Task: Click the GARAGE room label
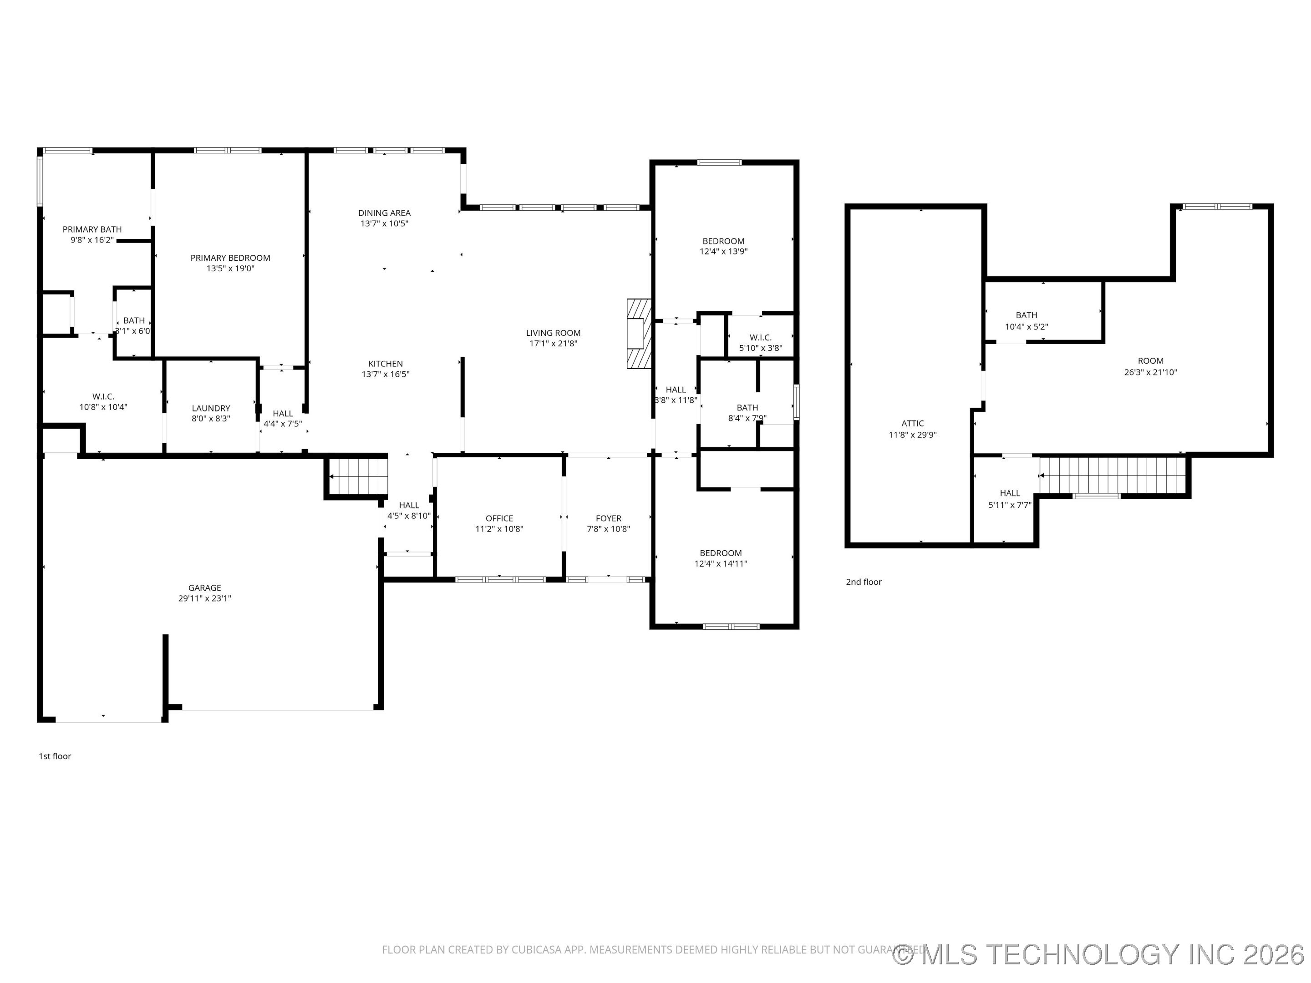(x=204, y=588)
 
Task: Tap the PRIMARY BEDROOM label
(x=230, y=258)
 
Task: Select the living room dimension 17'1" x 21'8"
(x=553, y=344)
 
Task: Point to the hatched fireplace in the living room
(x=639, y=334)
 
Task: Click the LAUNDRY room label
(x=210, y=408)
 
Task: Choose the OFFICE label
(x=499, y=518)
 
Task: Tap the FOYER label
(x=608, y=518)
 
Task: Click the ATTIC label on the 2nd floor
(x=912, y=424)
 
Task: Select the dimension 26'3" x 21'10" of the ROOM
(x=1150, y=373)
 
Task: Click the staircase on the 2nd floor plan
(x=1113, y=475)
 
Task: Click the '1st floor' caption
(x=55, y=756)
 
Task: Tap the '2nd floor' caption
(x=864, y=582)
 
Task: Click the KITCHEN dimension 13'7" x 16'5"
(x=385, y=375)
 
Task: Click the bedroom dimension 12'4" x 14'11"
(x=721, y=564)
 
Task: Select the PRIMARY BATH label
(x=92, y=229)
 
